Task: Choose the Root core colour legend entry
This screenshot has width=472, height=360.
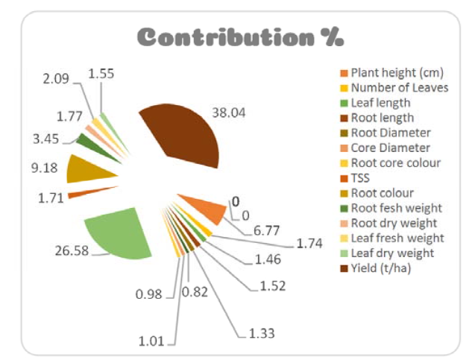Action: click(395, 162)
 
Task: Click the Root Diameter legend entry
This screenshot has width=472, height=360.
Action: click(390, 133)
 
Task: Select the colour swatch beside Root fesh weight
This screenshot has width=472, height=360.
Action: click(344, 208)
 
